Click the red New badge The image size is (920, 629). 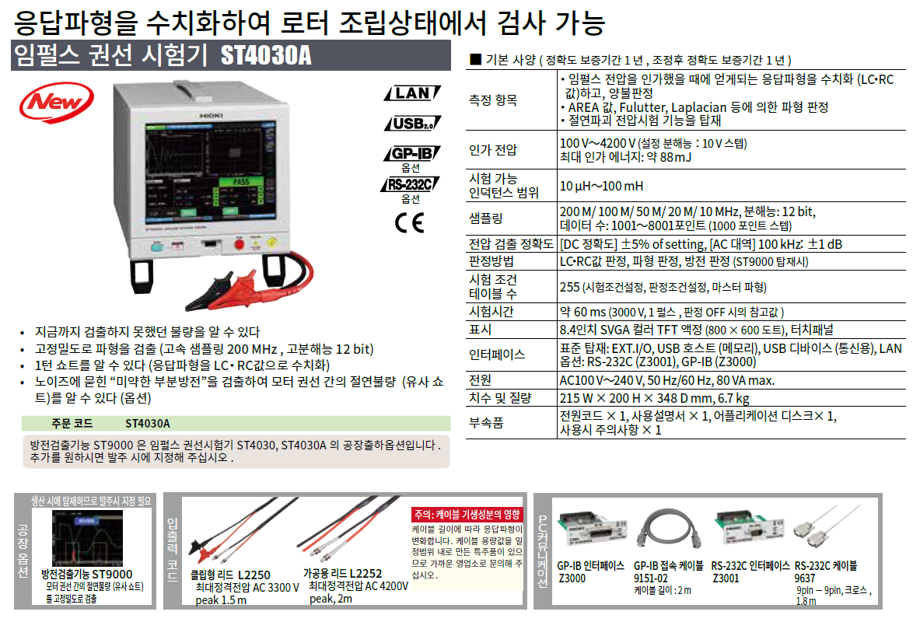tap(56, 103)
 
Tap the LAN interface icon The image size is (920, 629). tap(412, 93)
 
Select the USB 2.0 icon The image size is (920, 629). tap(412, 124)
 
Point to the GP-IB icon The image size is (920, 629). tap(412, 154)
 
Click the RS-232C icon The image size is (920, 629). tap(410, 184)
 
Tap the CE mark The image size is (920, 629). tap(410, 223)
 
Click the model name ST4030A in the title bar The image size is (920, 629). tap(266, 56)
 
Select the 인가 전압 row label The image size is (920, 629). tap(493, 149)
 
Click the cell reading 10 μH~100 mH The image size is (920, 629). tap(601, 186)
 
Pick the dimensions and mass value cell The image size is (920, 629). tap(654, 398)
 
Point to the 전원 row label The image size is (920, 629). tap(480, 380)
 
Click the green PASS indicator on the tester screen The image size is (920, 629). tap(241, 182)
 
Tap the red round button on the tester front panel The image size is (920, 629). tap(239, 244)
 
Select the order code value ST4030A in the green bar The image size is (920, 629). tap(147, 424)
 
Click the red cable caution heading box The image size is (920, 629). tap(467, 515)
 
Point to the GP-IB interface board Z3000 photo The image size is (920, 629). tap(590, 528)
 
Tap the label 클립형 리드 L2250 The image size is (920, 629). tap(231, 575)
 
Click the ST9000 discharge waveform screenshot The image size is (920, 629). tap(87, 538)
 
